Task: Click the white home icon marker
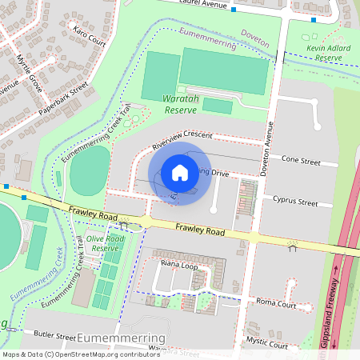[x=180, y=172]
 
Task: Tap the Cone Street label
[x=301, y=162]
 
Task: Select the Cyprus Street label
[x=295, y=202]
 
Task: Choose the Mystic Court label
[x=268, y=345]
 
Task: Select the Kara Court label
[x=90, y=38]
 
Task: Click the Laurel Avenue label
[x=199, y=3]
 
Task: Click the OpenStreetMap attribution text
[x=81, y=354]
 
